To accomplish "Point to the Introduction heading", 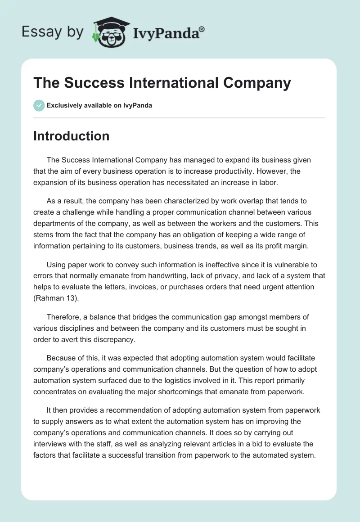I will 71,136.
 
